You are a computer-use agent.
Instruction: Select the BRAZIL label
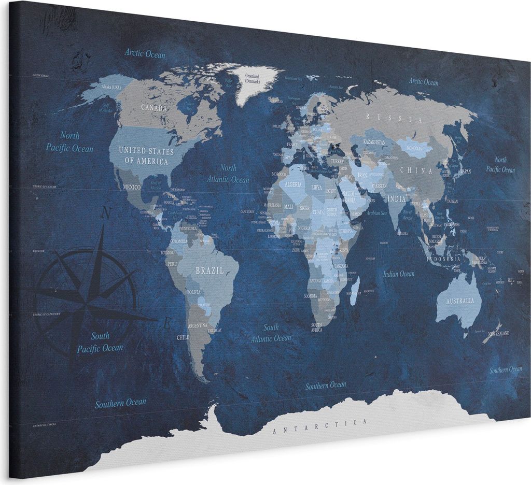pyautogui.click(x=209, y=270)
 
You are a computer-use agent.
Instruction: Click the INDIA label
pyautogui.click(x=396, y=198)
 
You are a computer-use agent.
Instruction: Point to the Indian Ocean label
pyautogui.click(x=399, y=274)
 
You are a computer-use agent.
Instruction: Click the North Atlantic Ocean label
pyautogui.click(x=228, y=174)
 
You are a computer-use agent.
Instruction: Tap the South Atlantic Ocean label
pyautogui.click(x=271, y=333)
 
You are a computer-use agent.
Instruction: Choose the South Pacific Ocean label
pyautogui.click(x=100, y=342)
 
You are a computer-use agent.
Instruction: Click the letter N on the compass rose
pyautogui.click(x=106, y=212)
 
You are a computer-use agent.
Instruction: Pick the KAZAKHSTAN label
pyautogui.click(x=374, y=141)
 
